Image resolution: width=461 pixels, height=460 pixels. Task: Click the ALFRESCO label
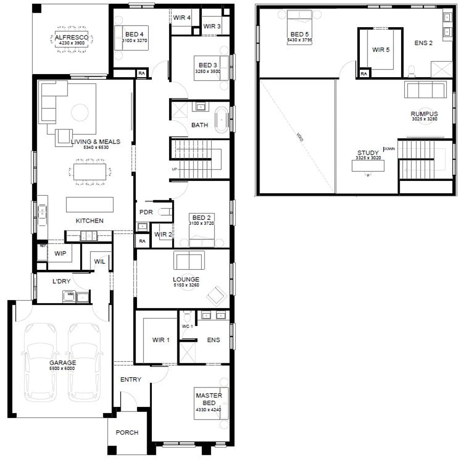(x=72, y=37)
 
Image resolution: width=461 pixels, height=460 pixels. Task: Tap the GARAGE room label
(x=62, y=363)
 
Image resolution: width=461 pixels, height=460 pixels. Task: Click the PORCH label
(x=127, y=432)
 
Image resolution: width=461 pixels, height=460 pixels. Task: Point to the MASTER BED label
(x=209, y=399)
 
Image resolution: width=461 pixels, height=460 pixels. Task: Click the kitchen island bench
(x=89, y=204)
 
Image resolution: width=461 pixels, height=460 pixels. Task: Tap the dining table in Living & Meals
(x=90, y=171)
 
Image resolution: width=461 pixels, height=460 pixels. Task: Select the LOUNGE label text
(x=186, y=280)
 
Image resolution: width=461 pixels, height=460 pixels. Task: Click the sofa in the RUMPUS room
(x=425, y=90)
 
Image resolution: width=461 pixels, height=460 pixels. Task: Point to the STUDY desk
(x=368, y=166)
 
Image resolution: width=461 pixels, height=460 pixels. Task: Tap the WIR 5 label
(x=381, y=50)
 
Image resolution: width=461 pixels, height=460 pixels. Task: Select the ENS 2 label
(x=423, y=43)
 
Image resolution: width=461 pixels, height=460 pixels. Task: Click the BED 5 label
(x=299, y=34)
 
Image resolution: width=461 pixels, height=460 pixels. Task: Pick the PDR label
(x=146, y=212)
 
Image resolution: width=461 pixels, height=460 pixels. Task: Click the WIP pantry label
(x=60, y=253)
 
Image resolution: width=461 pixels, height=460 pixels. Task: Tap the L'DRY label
(x=61, y=282)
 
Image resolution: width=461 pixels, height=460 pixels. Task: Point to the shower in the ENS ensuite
(x=187, y=352)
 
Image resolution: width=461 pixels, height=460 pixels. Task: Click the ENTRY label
(x=130, y=379)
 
